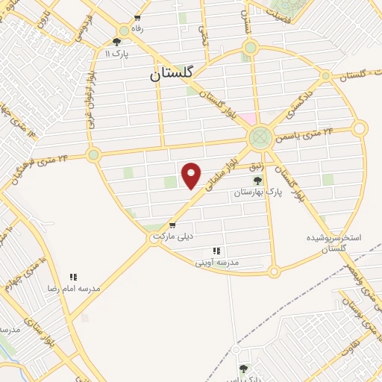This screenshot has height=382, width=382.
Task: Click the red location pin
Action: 192,175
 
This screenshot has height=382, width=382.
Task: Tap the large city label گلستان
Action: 171,73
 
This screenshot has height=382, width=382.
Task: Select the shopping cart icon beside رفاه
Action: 137,18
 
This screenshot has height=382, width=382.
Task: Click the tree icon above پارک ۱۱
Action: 116,43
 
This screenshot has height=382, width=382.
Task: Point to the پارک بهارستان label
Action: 258,192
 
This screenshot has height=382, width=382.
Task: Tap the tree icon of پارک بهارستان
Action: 257,181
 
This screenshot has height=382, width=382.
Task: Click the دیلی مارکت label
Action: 173,236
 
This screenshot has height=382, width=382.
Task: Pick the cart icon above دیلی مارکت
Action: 172,225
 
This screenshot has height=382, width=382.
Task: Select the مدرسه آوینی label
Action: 216,262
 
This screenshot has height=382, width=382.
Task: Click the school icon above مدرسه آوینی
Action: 216,251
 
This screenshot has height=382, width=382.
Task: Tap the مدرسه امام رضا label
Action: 73,288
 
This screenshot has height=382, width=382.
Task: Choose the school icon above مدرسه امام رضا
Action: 73,277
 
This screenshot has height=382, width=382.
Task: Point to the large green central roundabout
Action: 260,137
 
